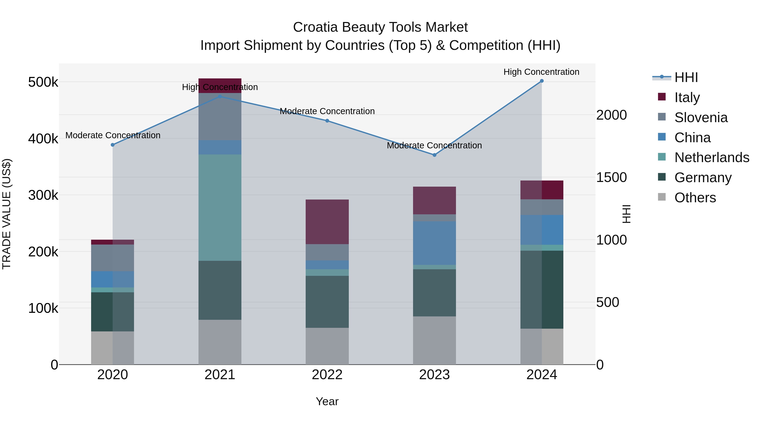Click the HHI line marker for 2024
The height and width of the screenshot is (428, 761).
[x=542, y=81]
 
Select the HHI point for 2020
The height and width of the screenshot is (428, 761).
[x=112, y=145]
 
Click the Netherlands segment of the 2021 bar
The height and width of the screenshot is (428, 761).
[x=220, y=207]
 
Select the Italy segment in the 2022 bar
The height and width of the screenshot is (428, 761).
[x=327, y=222]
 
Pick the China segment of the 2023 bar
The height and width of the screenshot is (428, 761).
[x=434, y=243]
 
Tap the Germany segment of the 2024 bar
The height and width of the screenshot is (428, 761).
[x=542, y=290]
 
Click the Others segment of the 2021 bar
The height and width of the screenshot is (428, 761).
[x=220, y=342]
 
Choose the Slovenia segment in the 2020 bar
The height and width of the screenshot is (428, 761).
[x=112, y=258]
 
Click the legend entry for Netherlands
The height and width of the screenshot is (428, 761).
[x=711, y=157]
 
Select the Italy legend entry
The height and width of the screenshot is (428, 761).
[x=687, y=97]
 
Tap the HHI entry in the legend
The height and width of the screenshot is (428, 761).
[x=686, y=77]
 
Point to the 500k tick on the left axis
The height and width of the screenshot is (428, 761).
[x=43, y=82]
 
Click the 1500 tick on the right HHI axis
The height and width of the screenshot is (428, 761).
[x=611, y=177]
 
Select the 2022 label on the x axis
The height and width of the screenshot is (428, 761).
[x=327, y=375]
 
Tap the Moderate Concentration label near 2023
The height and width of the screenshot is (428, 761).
[x=434, y=145]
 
